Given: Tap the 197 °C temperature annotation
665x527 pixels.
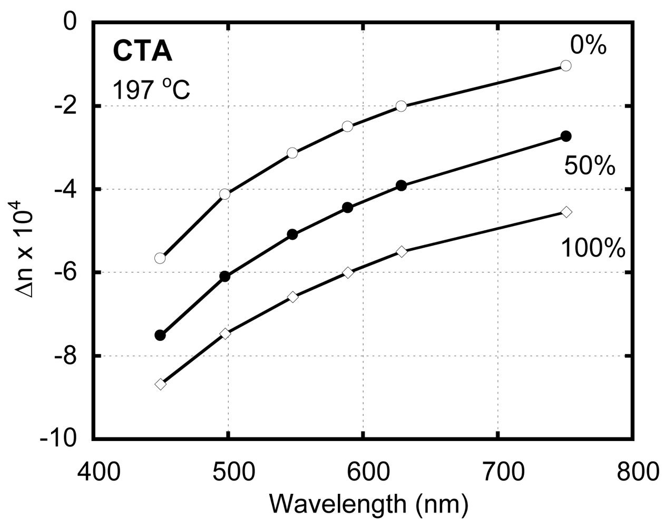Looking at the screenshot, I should click(151, 90).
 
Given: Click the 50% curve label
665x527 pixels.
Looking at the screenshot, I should click(590, 166).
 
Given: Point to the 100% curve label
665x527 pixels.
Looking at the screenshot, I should click(593, 248).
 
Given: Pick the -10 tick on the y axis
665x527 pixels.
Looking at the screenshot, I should click(59, 439).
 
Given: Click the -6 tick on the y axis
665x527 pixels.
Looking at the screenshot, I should click(66, 272).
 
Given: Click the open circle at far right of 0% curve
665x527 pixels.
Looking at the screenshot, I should click(566, 65).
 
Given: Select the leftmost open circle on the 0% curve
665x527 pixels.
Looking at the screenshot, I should click(160, 258).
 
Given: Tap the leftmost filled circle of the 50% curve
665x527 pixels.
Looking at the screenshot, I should click(160, 335).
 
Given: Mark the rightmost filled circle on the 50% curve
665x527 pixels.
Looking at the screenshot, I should click(566, 136).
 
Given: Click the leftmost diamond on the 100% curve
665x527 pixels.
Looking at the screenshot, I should click(160, 384).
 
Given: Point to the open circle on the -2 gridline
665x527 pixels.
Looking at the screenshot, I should click(401, 106).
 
